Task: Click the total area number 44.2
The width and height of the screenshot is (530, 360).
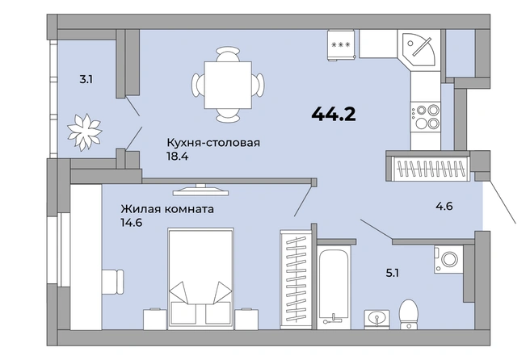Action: click(334, 114)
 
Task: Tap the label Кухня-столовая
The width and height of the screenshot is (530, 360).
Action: click(213, 143)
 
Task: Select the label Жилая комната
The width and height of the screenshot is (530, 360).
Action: click(167, 209)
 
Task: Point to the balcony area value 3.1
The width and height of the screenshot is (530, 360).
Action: click(86, 80)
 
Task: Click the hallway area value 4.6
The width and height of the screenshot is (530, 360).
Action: click(444, 206)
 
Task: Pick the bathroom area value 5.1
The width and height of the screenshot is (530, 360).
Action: click(393, 273)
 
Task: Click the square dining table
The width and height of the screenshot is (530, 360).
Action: click(228, 85)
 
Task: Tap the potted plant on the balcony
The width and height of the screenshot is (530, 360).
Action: click(85, 132)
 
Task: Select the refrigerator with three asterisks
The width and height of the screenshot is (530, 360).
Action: click(341, 45)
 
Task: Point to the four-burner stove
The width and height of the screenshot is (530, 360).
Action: click(426, 117)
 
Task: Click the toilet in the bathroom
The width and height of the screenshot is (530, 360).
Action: click(409, 314)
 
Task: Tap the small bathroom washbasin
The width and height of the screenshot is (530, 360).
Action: click(376, 319)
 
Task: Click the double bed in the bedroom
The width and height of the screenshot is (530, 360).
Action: click(201, 279)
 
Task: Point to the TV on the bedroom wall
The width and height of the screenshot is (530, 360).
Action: click(201, 190)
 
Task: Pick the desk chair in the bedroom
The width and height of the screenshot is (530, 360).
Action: click(113, 282)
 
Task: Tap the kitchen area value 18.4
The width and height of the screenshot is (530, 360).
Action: click(177, 157)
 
